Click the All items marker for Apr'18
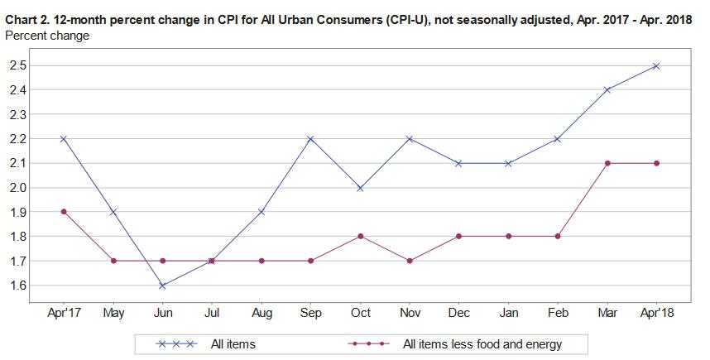656,65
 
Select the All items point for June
162,286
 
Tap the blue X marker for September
310,138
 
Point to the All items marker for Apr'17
64,138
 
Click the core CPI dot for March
607,163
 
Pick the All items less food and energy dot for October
360,237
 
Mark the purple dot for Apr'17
64,212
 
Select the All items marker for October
360,188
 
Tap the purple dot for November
410,261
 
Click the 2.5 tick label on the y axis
18,65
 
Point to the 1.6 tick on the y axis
18,286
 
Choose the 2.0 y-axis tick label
18,188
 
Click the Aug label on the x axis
261,314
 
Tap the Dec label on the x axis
459,314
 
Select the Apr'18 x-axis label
656,314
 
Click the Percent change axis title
47,36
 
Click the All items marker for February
558,138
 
